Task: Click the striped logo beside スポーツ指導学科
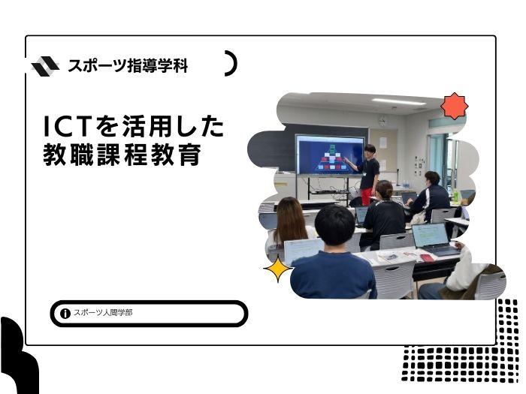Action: pyautogui.click(x=45, y=66)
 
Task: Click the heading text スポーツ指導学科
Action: pyautogui.click(x=128, y=66)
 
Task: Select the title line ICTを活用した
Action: pyautogui.click(x=134, y=126)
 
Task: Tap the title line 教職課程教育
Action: pyautogui.click(x=122, y=155)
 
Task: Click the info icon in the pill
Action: pyautogui.click(x=65, y=314)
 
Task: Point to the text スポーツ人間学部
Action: pyautogui.click(x=103, y=313)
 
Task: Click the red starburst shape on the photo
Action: pyautogui.click(x=454, y=107)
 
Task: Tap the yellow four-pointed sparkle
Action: pyautogui.click(x=277, y=269)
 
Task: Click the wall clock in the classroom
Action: pyautogui.click(x=382, y=120)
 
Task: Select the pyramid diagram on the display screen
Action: pyautogui.click(x=332, y=158)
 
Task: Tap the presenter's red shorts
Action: pyautogui.click(x=367, y=196)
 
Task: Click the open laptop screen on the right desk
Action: pyautogui.click(x=430, y=235)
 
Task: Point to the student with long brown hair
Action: pyautogui.click(x=291, y=222)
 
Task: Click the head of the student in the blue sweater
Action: pyautogui.click(x=334, y=225)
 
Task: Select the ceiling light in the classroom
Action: pyautogui.click(x=399, y=101)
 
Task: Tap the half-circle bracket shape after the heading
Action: pyautogui.click(x=231, y=63)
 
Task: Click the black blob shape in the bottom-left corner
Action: pyautogui.click(x=19, y=356)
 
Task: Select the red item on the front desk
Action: pyautogui.click(x=427, y=257)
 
